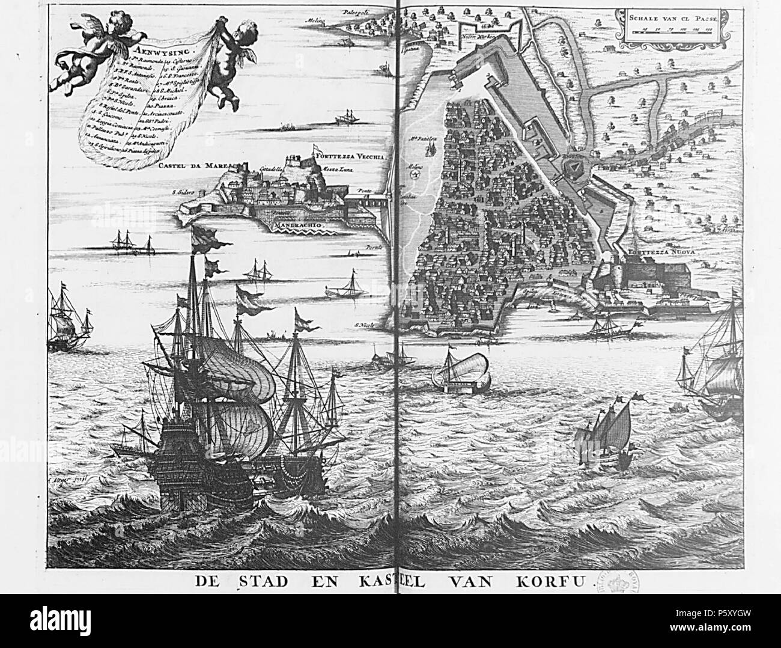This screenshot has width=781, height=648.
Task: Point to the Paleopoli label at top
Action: (x=355, y=12)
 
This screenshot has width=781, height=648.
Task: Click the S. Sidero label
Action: (x=183, y=194)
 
